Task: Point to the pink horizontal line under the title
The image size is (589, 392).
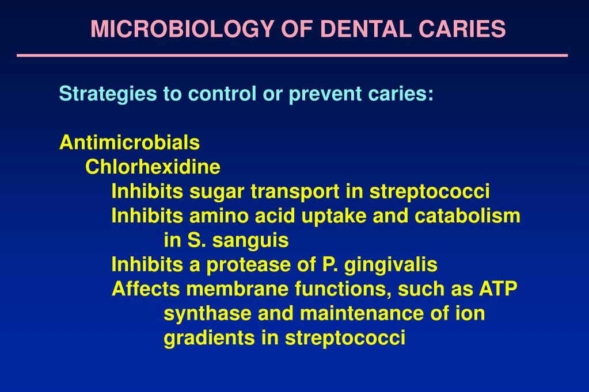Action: click(292, 56)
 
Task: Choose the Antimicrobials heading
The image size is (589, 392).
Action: click(130, 142)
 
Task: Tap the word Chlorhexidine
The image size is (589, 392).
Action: click(153, 167)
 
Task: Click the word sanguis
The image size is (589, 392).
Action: click(250, 240)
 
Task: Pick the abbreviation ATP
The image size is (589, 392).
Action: click(498, 289)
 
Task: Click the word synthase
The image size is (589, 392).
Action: click(208, 314)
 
